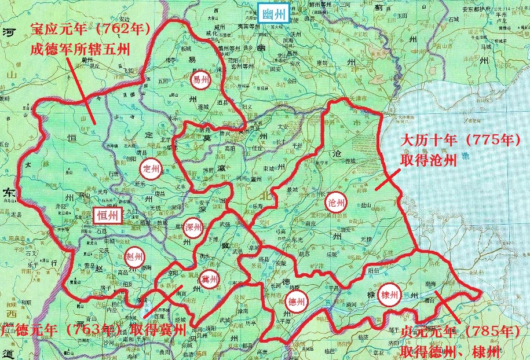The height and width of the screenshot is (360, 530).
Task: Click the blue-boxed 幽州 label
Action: click(273, 13)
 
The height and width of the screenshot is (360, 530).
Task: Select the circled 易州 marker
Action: click(200, 80)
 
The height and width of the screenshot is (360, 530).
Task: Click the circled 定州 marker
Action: click(151, 168)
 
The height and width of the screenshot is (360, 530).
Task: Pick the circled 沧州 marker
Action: click(337, 202)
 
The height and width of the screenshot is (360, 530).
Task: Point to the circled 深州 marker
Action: click(193, 227)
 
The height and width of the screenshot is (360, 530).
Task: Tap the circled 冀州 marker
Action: click(209, 279)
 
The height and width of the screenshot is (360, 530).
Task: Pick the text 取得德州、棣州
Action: click(452, 351)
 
